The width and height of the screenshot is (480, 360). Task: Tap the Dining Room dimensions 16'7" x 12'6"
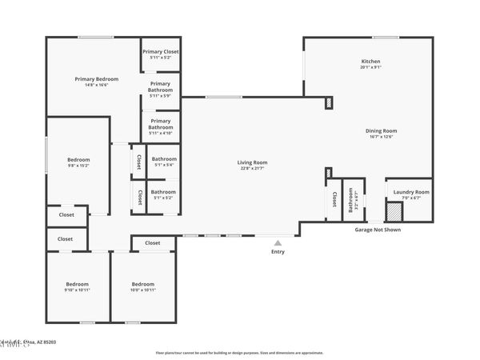click(x=381, y=137)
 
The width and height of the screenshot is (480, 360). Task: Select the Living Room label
click(x=251, y=163)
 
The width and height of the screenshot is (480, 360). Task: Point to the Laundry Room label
click(x=411, y=192)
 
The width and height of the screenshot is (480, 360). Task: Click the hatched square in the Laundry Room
click(x=394, y=212)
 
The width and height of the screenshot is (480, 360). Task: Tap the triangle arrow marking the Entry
click(x=278, y=242)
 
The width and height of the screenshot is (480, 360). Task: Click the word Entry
click(x=278, y=252)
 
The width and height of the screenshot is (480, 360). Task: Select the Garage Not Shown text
click(x=378, y=230)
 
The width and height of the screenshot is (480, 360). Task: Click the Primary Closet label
click(x=160, y=52)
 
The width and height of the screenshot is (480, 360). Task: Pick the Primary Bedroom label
click(x=96, y=79)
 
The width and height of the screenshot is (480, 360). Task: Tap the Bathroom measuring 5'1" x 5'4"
click(x=164, y=159)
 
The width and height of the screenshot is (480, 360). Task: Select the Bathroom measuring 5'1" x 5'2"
click(x=164, y=192)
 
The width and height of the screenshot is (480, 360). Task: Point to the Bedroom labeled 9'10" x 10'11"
click(x=77, y=285)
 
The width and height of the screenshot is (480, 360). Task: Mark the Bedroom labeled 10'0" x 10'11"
click(x=142, y=285)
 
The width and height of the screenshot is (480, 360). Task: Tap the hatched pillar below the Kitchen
click(x=328, y=102)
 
